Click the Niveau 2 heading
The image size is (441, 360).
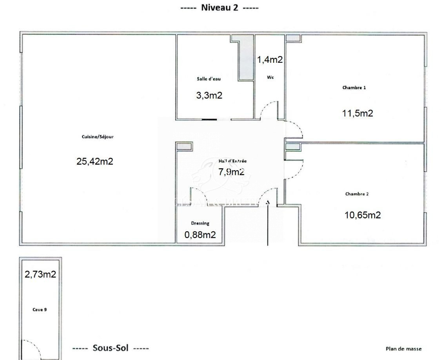pos(220,7)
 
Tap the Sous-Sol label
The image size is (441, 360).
pos(111,348)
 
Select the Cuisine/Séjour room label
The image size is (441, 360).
pos(98,137)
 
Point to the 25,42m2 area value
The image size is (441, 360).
pos(95,161)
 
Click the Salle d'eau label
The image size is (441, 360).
pos(209,79)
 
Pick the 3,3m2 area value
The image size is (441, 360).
pos(209,95)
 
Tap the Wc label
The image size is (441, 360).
pos(270,77)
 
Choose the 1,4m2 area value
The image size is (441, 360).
pos(270,60)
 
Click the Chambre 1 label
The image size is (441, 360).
pos(354,87)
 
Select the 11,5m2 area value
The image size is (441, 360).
pos(358,113)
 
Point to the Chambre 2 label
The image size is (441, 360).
pos(357,194)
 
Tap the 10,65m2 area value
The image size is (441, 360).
pos(363,215)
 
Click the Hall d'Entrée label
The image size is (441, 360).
pos(232,161)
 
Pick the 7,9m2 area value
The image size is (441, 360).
pos(231,171)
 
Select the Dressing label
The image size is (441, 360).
pos(200,224)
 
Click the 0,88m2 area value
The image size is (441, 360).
pos(200,235)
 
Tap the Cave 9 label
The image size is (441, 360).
pos(40,310)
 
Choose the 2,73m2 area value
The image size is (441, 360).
pos(40,274)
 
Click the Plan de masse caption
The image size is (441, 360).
pos(404,349)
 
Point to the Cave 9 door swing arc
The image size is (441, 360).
pos(37,345)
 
